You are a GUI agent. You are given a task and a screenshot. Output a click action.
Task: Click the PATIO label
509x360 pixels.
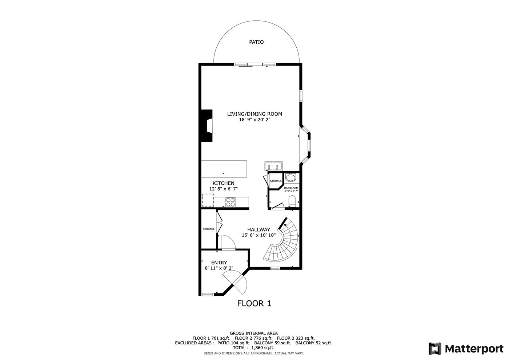pyautogui.click(x=256, y=42)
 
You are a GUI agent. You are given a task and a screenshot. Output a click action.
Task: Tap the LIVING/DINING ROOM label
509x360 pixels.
pyautogui.click(x=254, y=114)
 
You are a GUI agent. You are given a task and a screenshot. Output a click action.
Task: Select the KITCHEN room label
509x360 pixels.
pyautogui.click(x=223, y=183)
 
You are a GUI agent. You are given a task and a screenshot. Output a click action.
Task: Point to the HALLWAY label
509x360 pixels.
pyautogui.click(x=258, y=229)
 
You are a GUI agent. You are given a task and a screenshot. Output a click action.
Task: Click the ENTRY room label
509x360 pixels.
pyautogui.click(x=219, y=263)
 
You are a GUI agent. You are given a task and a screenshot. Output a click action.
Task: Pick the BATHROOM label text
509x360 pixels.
pyautogui.click(x=291, y=188)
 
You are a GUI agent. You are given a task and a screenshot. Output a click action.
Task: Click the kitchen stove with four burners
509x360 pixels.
pyautogui.click(x=231, y=202)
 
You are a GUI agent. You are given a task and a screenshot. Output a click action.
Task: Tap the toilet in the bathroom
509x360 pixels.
pyautogui.click(x=292, y=201)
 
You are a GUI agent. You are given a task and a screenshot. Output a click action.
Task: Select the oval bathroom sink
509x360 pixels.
pyautogui.click(x=290, y=178)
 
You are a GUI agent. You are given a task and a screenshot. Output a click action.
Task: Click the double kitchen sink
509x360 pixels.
pyautogui.click(x=273, y=166)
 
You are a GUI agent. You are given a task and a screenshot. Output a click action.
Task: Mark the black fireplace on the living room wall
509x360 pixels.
pyautogui.click(x=207, y=126)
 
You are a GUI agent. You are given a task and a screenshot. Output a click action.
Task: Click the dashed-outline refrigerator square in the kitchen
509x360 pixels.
pyautogui.click(x=208, y=200)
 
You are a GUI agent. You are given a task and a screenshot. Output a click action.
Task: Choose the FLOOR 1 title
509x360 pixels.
pyautogui.click(x=254, y=303)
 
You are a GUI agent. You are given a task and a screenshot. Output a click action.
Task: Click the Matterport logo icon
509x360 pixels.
pyautogui.click(x=435, y=349)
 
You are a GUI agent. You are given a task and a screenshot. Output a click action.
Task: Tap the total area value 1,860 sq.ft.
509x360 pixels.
pyautogui.click(x=263, y=348)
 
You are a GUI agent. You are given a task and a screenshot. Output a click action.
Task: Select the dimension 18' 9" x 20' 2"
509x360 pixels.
pyautogui.click(x=255, y=120)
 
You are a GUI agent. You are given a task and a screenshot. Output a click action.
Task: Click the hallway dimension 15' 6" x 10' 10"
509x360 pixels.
pyautogui.click(x=258, y=235)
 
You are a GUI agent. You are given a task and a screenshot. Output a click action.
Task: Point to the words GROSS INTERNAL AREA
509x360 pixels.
pyautogui.click(x=254, y=333)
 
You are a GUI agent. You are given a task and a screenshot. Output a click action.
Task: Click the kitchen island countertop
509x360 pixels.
pyautogui.click(x=224, y=169)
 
